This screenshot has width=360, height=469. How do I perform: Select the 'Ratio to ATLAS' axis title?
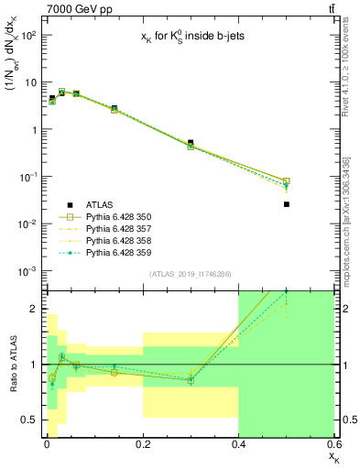click(14, 365)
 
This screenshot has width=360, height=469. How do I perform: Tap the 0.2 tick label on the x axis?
click(142, 445)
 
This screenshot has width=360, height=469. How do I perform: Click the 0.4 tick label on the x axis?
click(238, 445)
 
